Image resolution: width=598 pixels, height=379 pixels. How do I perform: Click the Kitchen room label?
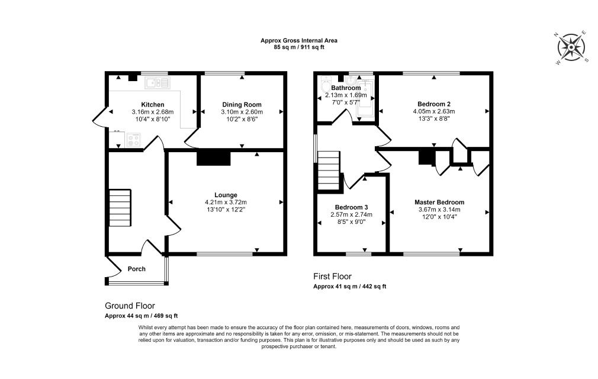[x=153, y=104]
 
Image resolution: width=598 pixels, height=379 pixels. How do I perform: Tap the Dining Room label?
[x=242, y=104]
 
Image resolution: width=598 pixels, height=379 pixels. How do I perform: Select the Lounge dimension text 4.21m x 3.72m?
[x=226, y=202]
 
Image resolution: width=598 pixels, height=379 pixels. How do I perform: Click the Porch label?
[x=137, y=269]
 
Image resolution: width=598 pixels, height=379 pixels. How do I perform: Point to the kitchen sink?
[x=157, y=83]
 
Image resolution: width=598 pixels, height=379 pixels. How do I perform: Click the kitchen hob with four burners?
[x=134, y=140]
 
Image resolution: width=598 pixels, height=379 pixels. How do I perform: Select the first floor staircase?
[x=329, y=170]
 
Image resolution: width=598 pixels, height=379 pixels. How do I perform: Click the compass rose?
[x=571, y=47]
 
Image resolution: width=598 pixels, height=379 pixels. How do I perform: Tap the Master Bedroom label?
[x=439, y=203]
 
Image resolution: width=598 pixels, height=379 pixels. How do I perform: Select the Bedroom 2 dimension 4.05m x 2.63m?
[x=434, y=111]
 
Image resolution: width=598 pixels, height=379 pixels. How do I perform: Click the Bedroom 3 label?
[x=351, y=207]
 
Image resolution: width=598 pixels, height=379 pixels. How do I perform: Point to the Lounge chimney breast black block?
[x=214, y=158]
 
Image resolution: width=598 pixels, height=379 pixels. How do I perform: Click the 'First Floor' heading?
[x=333, y=277]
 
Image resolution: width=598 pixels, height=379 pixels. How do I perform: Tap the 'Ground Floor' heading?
[x=130, y=306]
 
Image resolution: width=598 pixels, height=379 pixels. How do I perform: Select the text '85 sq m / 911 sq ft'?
[x=299, y=47]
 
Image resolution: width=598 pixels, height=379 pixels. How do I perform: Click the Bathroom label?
[x=346, y=88]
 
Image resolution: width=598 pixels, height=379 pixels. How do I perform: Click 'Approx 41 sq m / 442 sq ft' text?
[x=350, y=287]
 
